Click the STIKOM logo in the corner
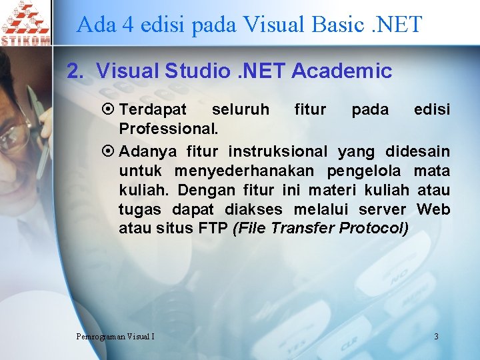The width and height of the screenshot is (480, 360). tap(25, 23)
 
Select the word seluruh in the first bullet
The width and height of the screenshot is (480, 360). tap(241, 109)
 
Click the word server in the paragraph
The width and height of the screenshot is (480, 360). tap(385, 209)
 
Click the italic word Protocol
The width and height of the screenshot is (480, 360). tap(374, 229)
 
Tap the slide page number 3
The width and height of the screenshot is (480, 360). tap(436, 336)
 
